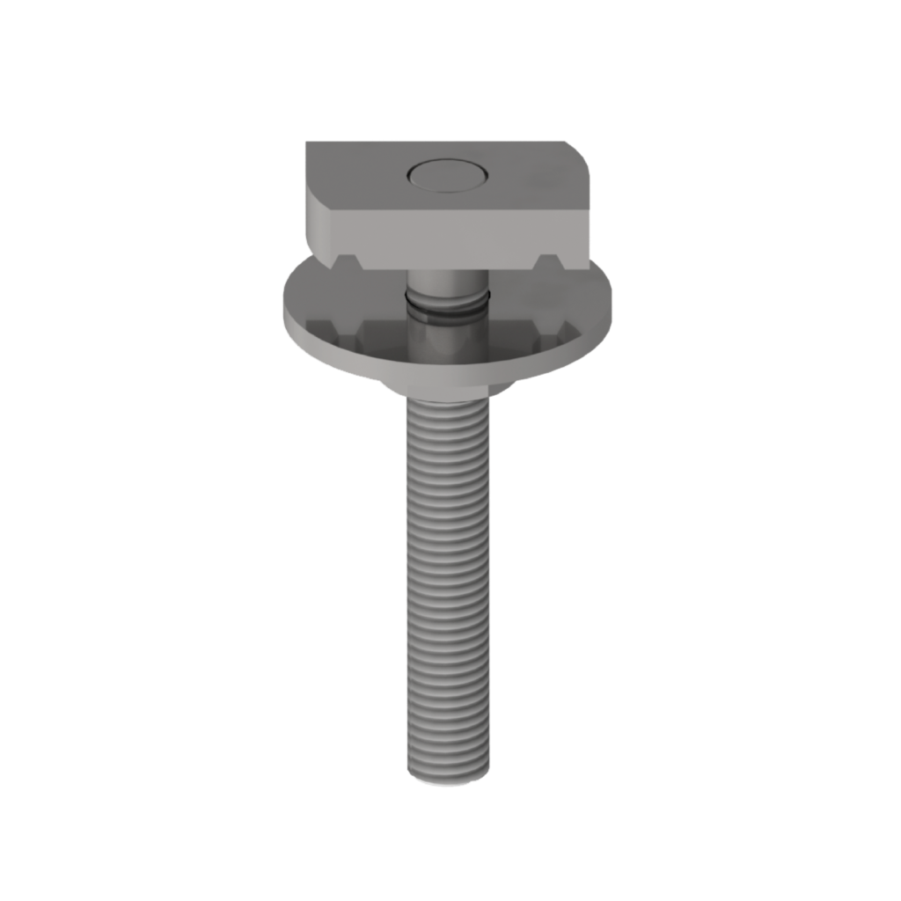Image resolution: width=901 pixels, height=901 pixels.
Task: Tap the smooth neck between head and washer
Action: pos(444,283)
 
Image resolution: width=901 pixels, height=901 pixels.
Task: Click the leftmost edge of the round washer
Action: pos(283,312)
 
